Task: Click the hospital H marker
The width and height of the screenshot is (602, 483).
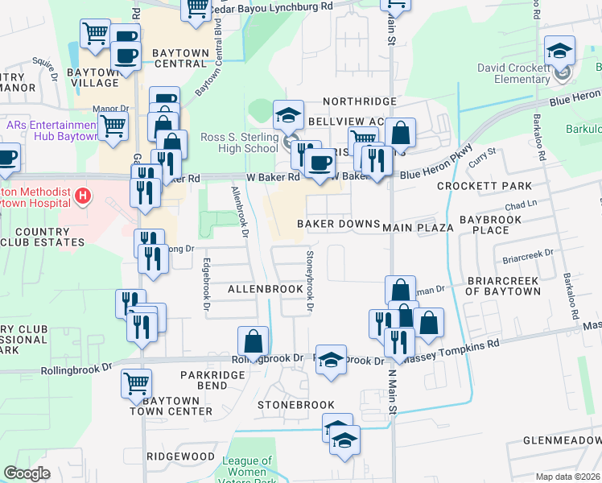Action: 82,196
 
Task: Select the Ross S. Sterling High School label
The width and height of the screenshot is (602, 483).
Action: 239,142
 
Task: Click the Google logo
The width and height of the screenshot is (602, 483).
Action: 27,473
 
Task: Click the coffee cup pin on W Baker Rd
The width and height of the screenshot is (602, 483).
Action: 321,163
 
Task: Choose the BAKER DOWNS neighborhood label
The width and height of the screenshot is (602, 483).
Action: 338,223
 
